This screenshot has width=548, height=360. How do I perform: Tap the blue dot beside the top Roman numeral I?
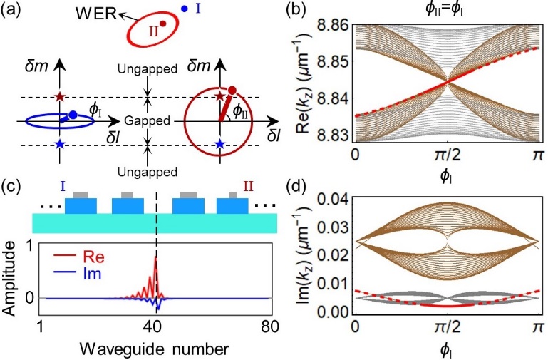[x=185, y=9]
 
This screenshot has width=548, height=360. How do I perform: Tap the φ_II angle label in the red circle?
[x=242, y=111]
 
